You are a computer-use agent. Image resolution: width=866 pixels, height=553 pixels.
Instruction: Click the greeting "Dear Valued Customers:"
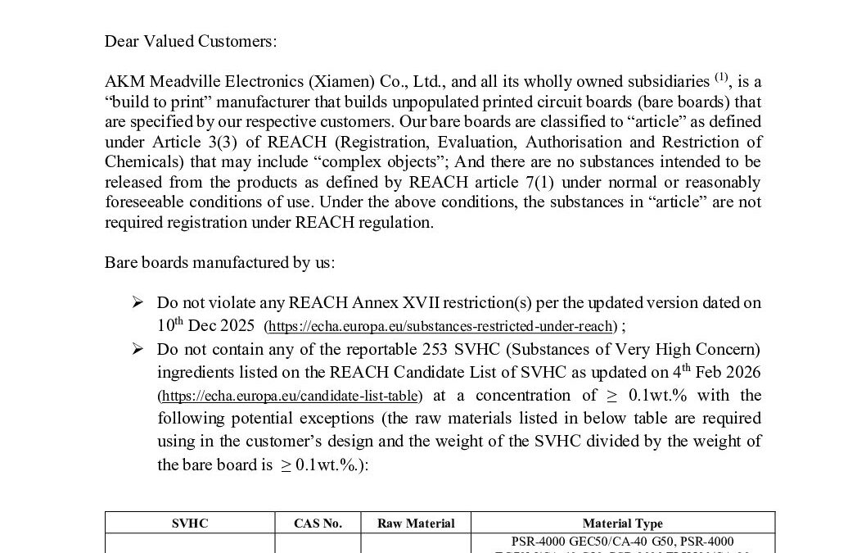[191, 42]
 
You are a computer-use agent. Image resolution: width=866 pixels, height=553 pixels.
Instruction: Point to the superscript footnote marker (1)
[720, 78]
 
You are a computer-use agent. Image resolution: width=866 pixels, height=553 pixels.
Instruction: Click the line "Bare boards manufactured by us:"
[219, 262]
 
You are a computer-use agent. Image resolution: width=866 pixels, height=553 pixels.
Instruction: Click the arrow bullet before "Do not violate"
[138, 302]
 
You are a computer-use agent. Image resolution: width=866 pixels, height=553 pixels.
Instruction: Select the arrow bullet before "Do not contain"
[138, 349]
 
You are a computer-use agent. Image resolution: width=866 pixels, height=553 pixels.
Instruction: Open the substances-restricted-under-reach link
[441, 327]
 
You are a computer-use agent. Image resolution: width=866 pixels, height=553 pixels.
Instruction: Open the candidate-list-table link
[291, 397]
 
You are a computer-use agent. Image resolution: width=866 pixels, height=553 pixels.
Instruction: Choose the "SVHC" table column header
[190, 524]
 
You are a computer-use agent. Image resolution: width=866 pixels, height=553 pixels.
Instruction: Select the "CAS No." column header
[318, 524]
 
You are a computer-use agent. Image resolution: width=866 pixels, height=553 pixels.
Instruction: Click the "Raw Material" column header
[416, 524]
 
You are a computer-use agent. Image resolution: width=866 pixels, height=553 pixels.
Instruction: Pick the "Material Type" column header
[623, 524]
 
